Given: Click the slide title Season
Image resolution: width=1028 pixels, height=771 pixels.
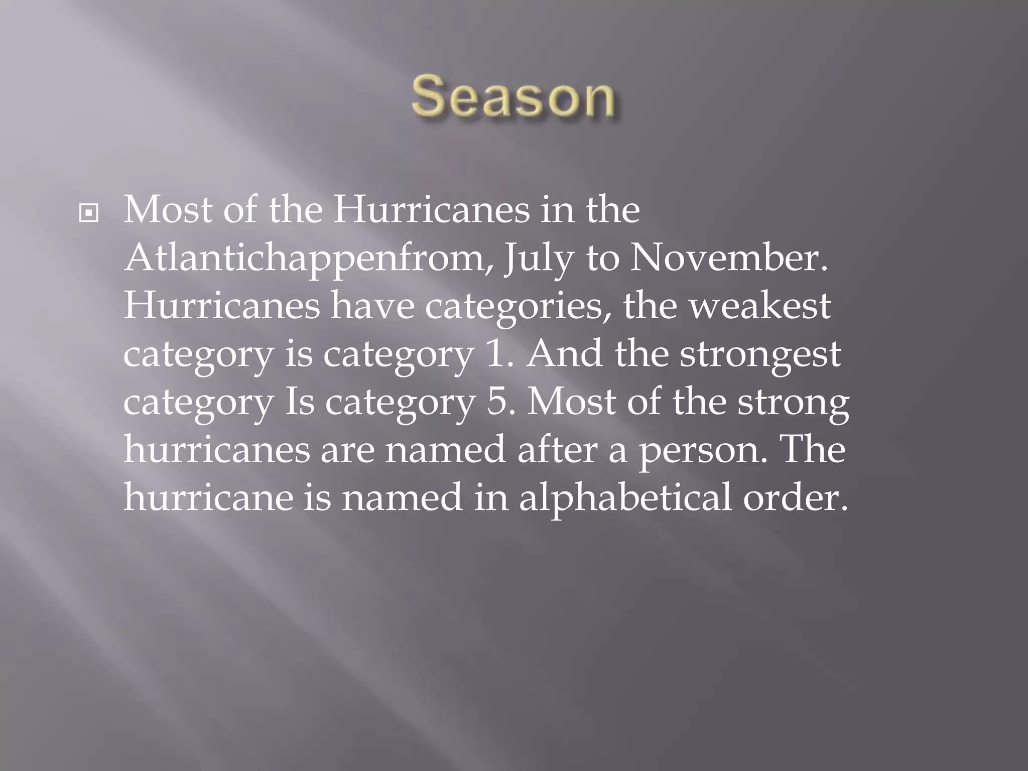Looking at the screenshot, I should pyautogui.click(x=513, y=96).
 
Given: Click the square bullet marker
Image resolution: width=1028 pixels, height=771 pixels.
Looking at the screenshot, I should pyautogui.click(x=89, y=213).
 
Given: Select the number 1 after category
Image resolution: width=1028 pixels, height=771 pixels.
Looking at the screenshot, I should pyautogui.click(x=496, y=353).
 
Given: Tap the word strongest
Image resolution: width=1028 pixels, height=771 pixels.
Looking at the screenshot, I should pyautogui.click(x=760, y=354).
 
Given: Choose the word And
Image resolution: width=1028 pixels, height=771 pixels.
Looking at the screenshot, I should pyautogui.click(x=564, y=353).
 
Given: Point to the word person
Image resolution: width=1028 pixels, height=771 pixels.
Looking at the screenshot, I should pyautogui.click(x=703, y=450).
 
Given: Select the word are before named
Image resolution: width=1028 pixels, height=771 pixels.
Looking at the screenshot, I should pyautogui.click(x=347, y=450).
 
